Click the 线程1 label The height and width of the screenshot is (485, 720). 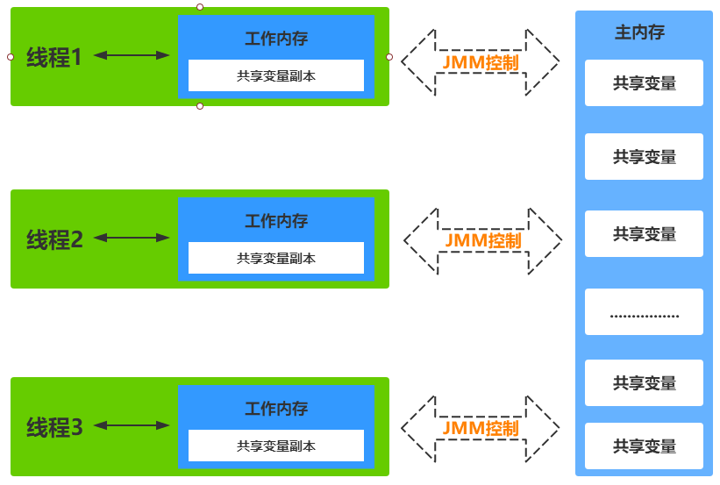pos(54,57)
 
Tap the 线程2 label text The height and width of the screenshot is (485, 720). pos(54,239)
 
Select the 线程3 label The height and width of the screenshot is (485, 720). pos(54,427)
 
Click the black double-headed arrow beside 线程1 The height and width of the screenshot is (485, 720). pos(132,55)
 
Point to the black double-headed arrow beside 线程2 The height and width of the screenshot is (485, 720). pos(132,238)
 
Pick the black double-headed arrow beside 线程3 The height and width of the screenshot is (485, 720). pos(132,425)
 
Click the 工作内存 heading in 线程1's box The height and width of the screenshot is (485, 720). pos(276,39)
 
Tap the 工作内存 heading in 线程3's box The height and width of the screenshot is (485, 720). pos(276,409)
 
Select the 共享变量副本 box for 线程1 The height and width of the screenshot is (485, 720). pos(276,75)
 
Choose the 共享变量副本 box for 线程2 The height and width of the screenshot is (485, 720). pos(276,258)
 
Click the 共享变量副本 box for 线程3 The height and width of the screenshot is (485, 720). pos(276,446)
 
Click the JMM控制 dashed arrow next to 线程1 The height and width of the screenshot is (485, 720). pos(481,62)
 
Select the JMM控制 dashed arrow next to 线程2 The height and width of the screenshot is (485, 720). pos(482,240)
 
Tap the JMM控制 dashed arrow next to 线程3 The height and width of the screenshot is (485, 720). pos(481,428)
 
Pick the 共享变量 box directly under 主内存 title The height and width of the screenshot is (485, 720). pos(645,83)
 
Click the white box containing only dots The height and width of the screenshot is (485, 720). pos(645,312)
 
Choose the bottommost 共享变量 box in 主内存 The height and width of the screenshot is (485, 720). pos(645,446)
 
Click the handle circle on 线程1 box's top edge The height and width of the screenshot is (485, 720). pos(200,7)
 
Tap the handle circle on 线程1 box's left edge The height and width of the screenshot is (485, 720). pos(11,57)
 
